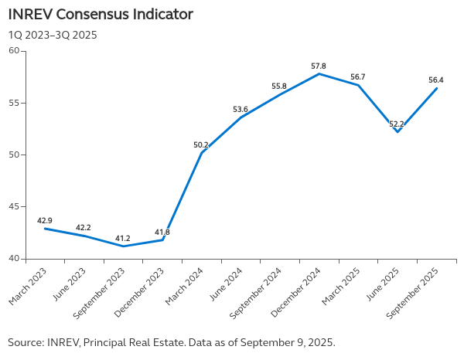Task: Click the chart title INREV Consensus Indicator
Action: point(101,15)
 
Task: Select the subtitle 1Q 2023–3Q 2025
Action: point(53,35)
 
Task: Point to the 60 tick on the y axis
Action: point(14,51)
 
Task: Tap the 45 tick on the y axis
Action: point(14,206)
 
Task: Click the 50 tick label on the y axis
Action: point(14,155)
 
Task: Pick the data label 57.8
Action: point(319,66)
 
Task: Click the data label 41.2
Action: point(123,238)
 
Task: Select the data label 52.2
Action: point(397,124)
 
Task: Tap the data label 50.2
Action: point(201,144)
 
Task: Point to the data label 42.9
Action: point(45,220)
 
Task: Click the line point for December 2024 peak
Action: point(319,73)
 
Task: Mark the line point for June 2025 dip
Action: point(397,132)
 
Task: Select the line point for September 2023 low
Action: point(124,246)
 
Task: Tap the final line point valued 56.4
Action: point(437,88)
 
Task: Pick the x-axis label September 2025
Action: point(415,290)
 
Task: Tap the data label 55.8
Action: point(279,86)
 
